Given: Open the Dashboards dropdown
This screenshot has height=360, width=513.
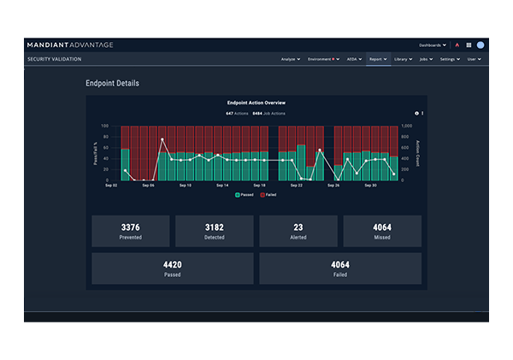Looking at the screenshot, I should (433, 44).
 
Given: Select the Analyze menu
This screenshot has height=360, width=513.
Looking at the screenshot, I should (291, 59).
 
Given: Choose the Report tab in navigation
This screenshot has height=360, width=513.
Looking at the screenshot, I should (377, 59).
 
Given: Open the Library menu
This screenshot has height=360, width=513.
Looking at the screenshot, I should (403, 59).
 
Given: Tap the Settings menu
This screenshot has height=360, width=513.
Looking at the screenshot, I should (450, 59).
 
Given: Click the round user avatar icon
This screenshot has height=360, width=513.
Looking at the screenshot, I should (481, 44).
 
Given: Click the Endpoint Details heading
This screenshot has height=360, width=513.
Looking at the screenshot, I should (112, 84).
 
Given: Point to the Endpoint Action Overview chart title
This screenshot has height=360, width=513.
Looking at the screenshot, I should (256, 103).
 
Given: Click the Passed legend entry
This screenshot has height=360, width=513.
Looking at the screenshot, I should (246, 195).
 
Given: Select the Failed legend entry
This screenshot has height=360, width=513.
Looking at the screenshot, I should (268, 195).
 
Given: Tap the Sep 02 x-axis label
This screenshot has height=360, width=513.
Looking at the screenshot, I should (111, 185).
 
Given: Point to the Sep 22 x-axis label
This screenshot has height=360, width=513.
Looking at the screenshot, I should (297, 185).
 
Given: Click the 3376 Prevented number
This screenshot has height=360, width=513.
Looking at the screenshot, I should (130, 227).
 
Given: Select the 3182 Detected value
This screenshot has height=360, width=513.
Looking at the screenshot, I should (214, 227).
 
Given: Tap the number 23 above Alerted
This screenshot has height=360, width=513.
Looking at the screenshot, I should (298, 227).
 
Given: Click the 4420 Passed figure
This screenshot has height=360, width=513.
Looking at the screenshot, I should (172, 264).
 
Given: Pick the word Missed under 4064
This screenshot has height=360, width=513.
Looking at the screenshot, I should (381, 237).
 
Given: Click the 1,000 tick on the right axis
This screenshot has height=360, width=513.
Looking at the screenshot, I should (406, 126).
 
